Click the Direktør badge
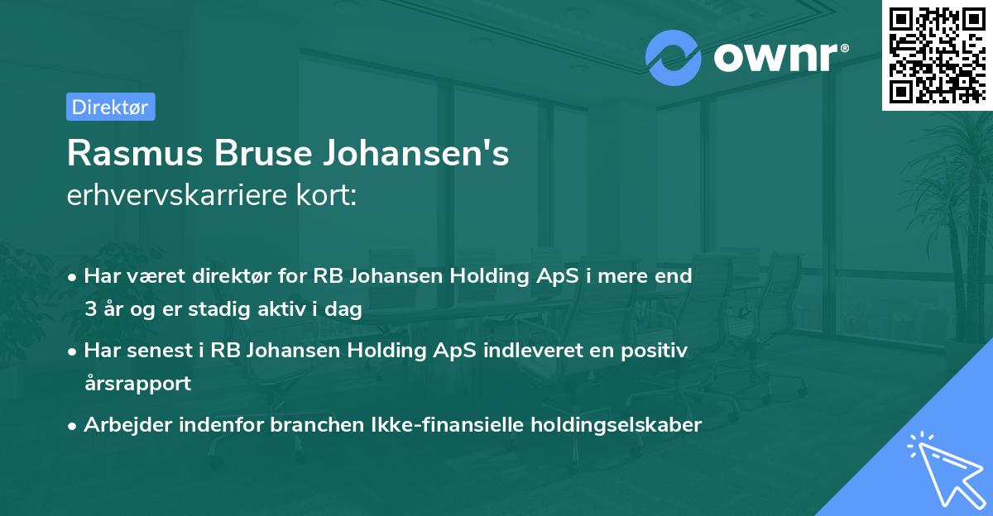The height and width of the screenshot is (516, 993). point(110,107)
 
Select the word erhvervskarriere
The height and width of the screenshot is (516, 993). point(170,197)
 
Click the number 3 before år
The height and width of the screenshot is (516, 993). point(89,310)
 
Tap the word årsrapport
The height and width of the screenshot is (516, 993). point(137,384)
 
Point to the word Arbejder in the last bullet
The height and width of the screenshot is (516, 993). point(123,425)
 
